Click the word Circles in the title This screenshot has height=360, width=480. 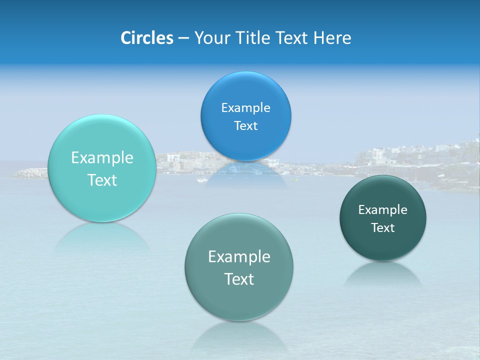pyautogui.click(x=146, y=38)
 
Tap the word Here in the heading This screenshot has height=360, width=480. pyautogui.click(x=332, y=38)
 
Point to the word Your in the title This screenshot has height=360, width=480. pyautogui.click(x=211, y=38)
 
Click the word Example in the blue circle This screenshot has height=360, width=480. pyautogui.click(x=245, y=108)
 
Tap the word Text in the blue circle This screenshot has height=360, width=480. pyautogui.click(x=245, y=126)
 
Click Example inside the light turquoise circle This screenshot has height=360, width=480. pyautogui.click(x=102, y=158)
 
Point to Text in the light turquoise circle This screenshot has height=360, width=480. pyautogui.click(x=102, y=180)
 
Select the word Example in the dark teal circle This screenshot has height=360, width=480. pyautogui.click(x=383, y=210)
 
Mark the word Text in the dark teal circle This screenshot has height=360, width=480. pyautogui.click(x=383, y=228)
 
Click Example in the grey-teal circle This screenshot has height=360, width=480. pyautogui.click(x=239, y=257)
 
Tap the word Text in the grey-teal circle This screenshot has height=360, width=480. pyautogui.click(x=239, y=279)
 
